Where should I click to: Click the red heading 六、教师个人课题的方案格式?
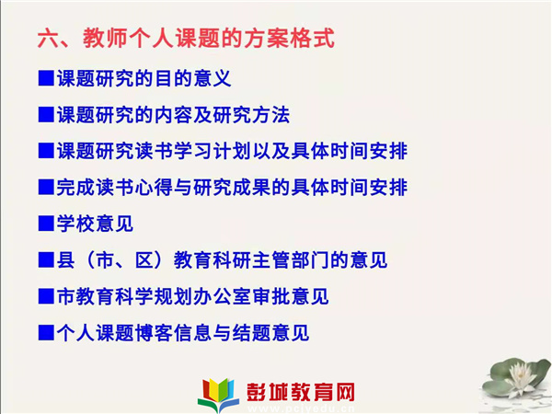click(x=186, y=38)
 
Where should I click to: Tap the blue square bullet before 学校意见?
click(x=46, y=224)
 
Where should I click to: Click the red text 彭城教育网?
click(x=300, y=392)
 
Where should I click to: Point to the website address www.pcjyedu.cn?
click(x=300, y=408)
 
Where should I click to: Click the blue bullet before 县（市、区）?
click(x=46, y=260)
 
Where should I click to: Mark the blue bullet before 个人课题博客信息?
click(x=46, y=333)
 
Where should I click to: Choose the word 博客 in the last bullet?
click(x=154, y=333)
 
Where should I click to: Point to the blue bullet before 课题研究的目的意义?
click(x=46, y=78)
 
